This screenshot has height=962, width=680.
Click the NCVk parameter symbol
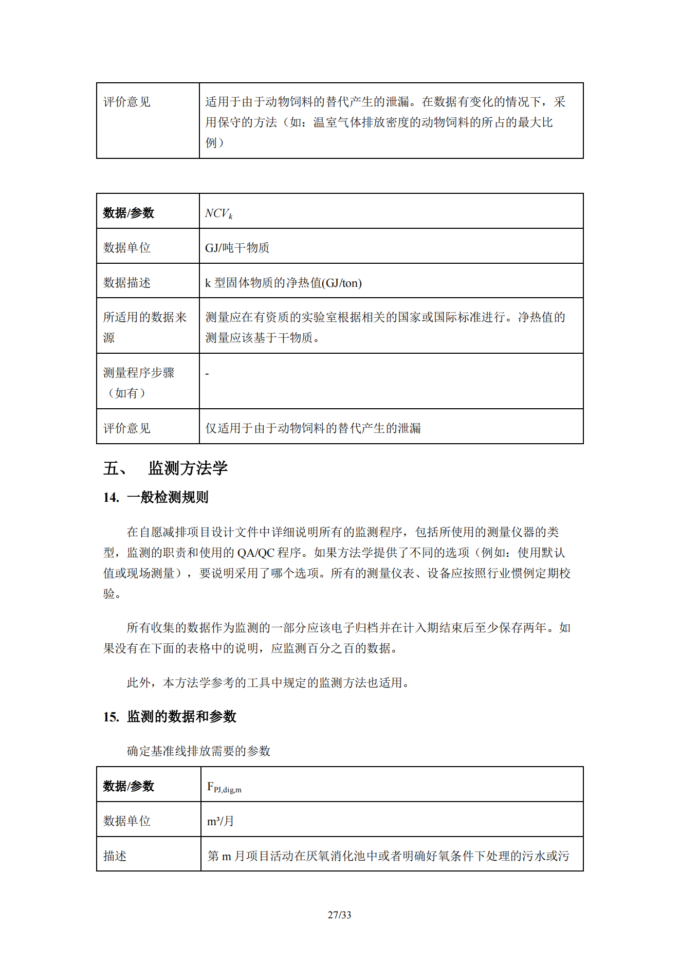[218, 213]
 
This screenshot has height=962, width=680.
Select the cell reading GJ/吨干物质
[237, 248]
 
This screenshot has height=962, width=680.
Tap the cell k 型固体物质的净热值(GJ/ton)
[283, 283]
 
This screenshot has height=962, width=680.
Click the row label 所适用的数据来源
[144, 327]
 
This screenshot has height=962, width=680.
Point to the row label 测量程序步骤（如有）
[139, 383]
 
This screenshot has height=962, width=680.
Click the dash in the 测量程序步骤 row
[207, 374]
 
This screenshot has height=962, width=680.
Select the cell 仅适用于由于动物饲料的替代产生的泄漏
[313, 428]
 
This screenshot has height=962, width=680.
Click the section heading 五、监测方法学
[166, 468]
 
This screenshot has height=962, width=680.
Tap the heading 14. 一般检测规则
[156, 497]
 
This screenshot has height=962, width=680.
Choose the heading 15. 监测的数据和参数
[169, 716]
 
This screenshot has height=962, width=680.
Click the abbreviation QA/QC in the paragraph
[255, 553]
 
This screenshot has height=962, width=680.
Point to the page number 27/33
[339, 915]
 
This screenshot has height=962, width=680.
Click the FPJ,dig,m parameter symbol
[224, 787]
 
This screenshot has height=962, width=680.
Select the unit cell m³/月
[220, 821]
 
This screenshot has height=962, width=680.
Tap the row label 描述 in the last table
[115, 856]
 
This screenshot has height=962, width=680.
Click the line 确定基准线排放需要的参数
[198, 751]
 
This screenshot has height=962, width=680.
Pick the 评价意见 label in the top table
[126, 102]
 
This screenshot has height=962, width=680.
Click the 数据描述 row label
[126, 283]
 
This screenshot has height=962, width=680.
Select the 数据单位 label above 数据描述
[126, 248]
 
